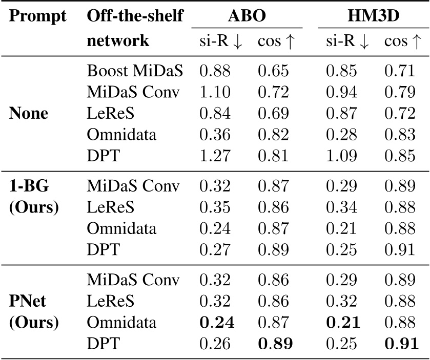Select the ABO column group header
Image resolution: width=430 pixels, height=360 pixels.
247,16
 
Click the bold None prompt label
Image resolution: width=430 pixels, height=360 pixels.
30,114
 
